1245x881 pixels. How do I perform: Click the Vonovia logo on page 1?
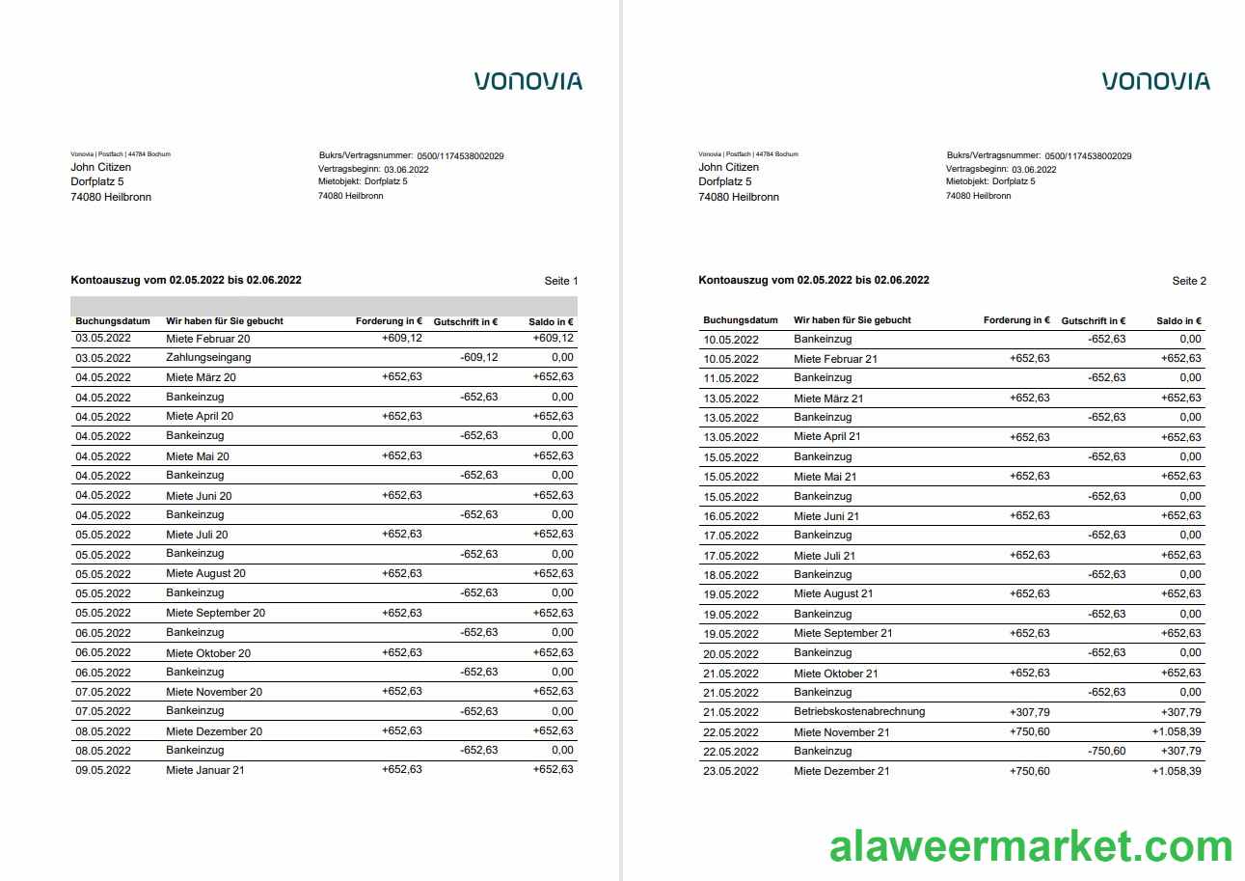(x=528, y=81)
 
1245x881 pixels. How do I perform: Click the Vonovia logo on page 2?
(x=1155, y=81)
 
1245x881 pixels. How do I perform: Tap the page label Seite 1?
(x=561, y=281)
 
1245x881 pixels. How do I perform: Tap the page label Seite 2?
(x=1189, y=281)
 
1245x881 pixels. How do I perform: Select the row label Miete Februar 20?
(x=207, y=339)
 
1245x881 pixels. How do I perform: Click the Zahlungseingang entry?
(x=208, y=358)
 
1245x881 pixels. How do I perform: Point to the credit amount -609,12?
(x=479, y=358)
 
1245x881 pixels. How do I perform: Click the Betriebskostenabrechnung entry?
(x=859, y=712)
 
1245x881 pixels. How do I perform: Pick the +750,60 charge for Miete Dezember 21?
(x=1030, y=771)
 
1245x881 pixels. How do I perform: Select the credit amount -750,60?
(x=1106, y=752)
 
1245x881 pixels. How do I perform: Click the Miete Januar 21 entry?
(x=205, y=770)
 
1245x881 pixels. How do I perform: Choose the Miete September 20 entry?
(x=215, y=613)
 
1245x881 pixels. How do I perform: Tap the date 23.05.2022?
(x=731, y=771)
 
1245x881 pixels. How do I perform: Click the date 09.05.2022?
(x=103, y=770)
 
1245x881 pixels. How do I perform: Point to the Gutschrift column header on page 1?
(x=466, y=321)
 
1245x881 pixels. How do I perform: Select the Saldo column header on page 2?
(x=1178, y=320)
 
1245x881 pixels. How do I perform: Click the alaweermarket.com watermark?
(x=1031, y=846)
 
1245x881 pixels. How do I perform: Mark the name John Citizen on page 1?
(x=101, y=167)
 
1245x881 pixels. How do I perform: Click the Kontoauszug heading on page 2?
(x=814, y=280)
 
